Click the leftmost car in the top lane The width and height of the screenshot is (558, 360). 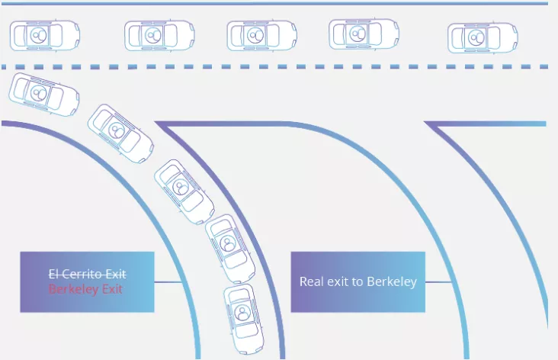pos(45,36)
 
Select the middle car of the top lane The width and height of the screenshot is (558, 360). pos(262,35)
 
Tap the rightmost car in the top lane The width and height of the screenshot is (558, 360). pos(483,37)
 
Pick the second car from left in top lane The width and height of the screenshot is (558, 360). pos(159,35)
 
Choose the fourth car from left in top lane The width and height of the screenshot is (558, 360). pos(364,34)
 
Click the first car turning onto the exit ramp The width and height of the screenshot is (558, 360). pos(43,95)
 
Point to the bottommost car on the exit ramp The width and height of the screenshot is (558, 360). pos(244,320)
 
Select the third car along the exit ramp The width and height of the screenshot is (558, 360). pos(184,191)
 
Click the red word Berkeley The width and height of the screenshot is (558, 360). pos(73,289)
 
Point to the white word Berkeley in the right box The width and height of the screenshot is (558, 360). pos(392,281)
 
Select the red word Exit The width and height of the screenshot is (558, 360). pos(112,289)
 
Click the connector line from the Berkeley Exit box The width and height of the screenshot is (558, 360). pos(168,282)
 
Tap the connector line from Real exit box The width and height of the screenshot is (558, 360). pos(439,282)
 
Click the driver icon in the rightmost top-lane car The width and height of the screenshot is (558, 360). pos(476,37)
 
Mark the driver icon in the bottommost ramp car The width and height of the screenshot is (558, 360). pos(242,313)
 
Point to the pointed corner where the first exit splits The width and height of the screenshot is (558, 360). pos(156,124)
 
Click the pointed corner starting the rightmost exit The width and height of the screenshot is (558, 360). pos(425,124)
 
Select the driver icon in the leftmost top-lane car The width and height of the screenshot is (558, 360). pos(38,35)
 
